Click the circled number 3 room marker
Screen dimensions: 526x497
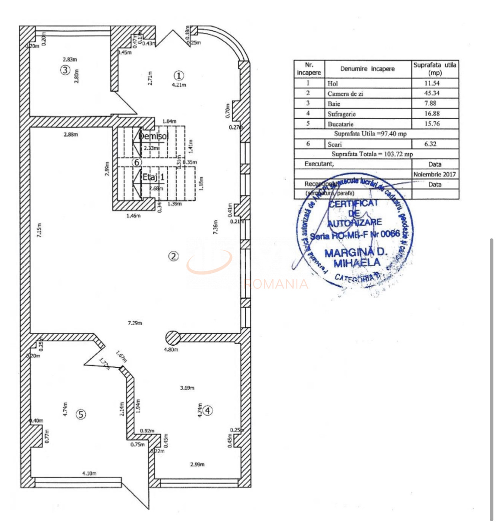coord(65,70)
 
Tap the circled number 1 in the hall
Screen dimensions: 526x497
coord(178,75)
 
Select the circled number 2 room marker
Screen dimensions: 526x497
coord(173,256)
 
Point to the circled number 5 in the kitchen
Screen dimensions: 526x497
coord(81,414)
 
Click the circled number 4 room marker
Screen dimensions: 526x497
coord(208,410)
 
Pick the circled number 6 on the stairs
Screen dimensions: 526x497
coord(137,162)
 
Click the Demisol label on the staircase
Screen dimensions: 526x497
coord(153,136)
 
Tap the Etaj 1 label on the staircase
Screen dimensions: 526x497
coord(153,176)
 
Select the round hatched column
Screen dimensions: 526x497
coord(173,338)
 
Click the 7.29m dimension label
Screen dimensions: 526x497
coord(135,323)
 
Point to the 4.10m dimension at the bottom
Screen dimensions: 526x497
coord(89,473)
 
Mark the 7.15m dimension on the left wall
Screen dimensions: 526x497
coord(39,230)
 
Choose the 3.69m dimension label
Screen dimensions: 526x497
coord(187,388)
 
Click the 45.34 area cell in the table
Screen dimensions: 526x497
coord(432,93)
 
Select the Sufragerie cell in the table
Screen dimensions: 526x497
coord(341,114)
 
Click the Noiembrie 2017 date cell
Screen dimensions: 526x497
coord(435,174)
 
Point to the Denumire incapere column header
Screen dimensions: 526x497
coord(367,69)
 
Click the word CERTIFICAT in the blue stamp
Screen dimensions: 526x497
coord(353,203)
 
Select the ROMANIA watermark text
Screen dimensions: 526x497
coord(276,284)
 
